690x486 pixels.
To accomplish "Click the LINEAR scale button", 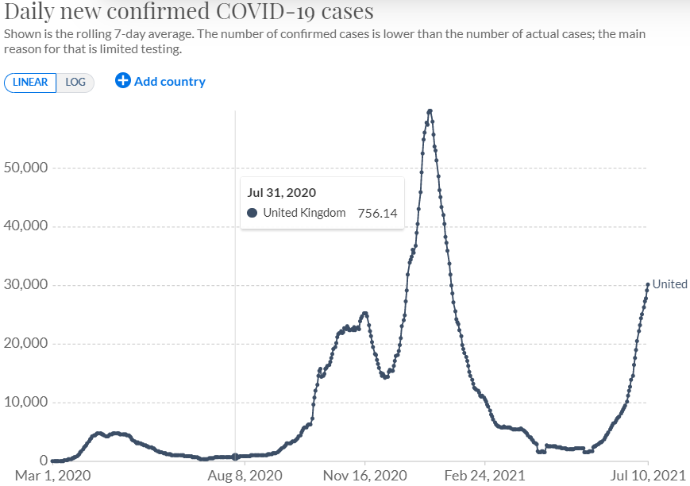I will tap(31, 82).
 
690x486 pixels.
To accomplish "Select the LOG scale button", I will tap(75, 82).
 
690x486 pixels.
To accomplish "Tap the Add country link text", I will tap(169, 81).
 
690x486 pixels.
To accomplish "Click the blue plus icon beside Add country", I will tap(122, 81).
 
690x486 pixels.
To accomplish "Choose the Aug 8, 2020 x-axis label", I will tap(235, 475).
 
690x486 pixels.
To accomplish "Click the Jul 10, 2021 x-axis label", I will tap(648, 475).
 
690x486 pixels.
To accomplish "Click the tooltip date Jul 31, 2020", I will tap(282, 192).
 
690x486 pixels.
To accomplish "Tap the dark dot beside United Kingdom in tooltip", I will tap(252, 213).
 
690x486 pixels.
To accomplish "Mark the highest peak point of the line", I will tap(430, 111).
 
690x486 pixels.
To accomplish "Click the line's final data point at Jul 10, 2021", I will tap(648, 284).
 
